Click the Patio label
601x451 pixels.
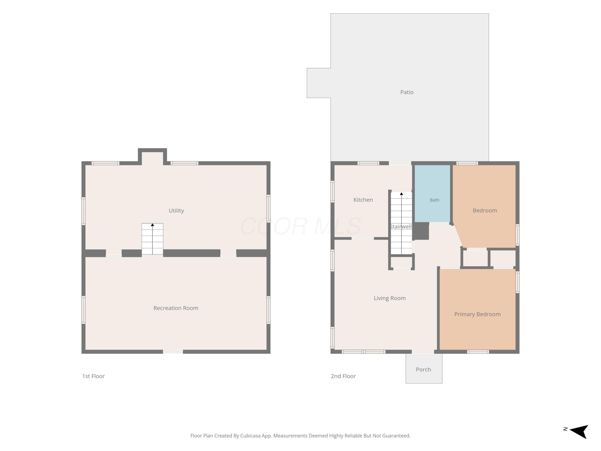[x=407, y=92]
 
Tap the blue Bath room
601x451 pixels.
[x=432, y=194]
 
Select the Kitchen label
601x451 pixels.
[x=363, y=200]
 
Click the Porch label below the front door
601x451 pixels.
[x=423, y=369]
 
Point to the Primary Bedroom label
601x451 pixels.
[x=477, y=314]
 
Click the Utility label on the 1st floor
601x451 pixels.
[x=176, y=211]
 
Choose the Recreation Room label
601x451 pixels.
[x=176, y=308]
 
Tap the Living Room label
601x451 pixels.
[x=390, y=298]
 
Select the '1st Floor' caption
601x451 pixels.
[x=93, y=376]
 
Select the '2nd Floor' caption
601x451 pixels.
[x=343, y=376]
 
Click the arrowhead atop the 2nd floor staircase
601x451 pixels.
[x=401, y=194]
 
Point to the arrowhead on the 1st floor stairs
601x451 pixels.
[x=152, y=225]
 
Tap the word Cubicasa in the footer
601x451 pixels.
[x=250, y=436]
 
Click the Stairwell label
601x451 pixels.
[x=400, y=227]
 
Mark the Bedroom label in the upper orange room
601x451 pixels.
[x=485, y=211]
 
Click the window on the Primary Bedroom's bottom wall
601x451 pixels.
[x=478, y=352]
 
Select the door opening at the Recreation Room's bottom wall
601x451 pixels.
[x=173, y=352]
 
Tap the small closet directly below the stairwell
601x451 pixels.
[x=401, y=262]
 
